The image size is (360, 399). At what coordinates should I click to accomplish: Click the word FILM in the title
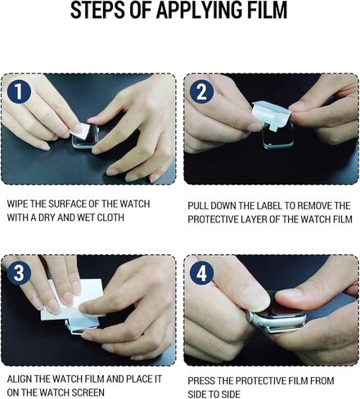click(261, 12)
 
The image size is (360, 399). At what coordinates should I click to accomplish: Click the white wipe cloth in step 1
click(80, 128)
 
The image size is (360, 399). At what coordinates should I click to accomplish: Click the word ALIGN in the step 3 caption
click(20, 379)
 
